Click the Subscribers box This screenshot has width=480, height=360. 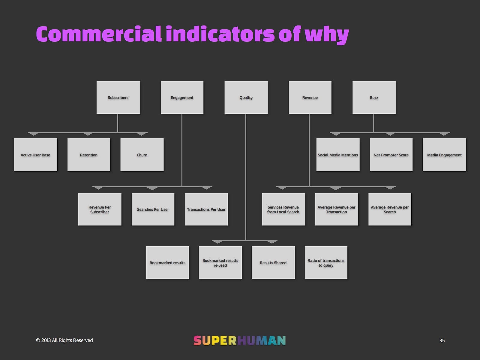point(118,97)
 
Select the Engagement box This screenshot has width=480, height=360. point(182,97)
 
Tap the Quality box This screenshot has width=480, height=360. point(246,97)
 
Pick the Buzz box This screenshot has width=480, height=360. point(374,97)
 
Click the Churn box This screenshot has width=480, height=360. point(142,155)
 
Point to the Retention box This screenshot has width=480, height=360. point(89,155)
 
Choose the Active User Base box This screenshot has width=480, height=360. point(35,155)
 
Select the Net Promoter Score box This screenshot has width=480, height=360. point(391,155)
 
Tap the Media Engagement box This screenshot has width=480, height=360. point(444,155)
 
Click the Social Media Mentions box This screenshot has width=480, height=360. point(338,155)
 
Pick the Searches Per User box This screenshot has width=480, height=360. point(153,209)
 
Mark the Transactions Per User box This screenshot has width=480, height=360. point(206,209)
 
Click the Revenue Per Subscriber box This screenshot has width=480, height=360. point(100,209)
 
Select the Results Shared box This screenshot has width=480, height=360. point(273,263)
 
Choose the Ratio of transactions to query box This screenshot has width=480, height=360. point(326,263)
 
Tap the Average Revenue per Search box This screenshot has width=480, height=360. point(390,209)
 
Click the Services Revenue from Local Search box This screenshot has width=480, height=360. point(283,209)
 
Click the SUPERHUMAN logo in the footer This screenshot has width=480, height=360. point(239,340)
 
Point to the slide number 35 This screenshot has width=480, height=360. point(442,340)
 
